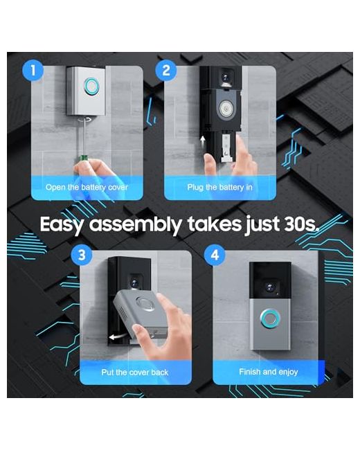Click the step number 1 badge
(x=33, y=71)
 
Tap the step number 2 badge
(x=166, y=71)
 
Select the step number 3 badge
(x=82, y=255)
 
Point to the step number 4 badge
(x=215, y=255)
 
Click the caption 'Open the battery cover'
(x=87, y=188)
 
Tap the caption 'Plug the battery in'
(x=220, y=188)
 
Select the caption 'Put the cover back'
(x=134, y=372)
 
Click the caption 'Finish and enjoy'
(x=269, y=372)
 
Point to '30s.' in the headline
(x=301, y=224)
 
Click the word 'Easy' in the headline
(x=62, y=225)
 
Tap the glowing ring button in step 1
(x=92, y=86)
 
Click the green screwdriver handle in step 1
(x=84, y=158)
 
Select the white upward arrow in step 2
(x=203, y=141)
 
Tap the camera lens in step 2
(x=225, y=78)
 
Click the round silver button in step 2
(x=226, y=109)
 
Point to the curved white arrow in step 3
(x=118, y=336)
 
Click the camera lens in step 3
(x=134, y=283)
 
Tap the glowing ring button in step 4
(x=270, y=318)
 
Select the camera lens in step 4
(x=269, y=287)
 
